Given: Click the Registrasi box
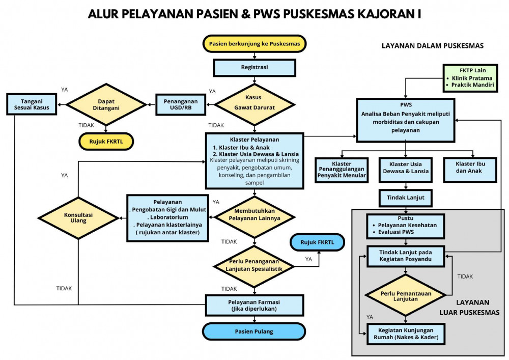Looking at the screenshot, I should (x=254, y=68).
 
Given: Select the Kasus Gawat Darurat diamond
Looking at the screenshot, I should (x=254, y=103).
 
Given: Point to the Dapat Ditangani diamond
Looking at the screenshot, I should (x=106, y=104).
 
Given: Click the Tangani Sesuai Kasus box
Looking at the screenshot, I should (x=31, y=104).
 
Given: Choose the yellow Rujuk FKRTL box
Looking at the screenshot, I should (x=106, y=141).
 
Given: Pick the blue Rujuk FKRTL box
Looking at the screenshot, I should (x=317, y=242).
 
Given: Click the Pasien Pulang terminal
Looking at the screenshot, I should (x=254, y=331).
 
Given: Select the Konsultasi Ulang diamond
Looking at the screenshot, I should (x=78, y=217).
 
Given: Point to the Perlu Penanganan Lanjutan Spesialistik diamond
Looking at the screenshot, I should (x=254, y=265).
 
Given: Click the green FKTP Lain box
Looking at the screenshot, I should (x=472, y=78).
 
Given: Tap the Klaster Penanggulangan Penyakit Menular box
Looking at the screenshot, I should (x=342, y=169).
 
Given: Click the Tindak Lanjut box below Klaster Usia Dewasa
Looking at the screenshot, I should (x=405, y=198).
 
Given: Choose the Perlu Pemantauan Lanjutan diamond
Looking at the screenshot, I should (x=405, y=295).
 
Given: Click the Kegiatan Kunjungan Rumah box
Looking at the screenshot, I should (x=405, y=334).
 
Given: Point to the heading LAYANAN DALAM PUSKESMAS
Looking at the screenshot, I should (x=433, y=46).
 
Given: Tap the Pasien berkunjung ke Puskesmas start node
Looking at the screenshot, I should (x=254, y=44).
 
